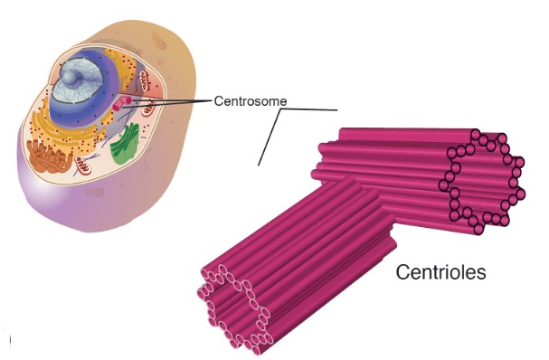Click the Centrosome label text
(x=251, y=101)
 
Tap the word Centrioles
(x=440, y=271)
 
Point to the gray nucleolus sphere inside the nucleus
(x=73, y=77)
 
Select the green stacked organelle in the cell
(x=125, y=143)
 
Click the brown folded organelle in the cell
(x=51, y=156)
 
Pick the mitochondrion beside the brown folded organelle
(x=83, y=165)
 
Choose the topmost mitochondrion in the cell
(x=146, y=81)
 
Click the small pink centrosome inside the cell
(x=122, y=104)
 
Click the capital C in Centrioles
(x=402, y=272)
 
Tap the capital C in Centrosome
(x=219, y=101)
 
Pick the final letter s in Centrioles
(x=481, y=274)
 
